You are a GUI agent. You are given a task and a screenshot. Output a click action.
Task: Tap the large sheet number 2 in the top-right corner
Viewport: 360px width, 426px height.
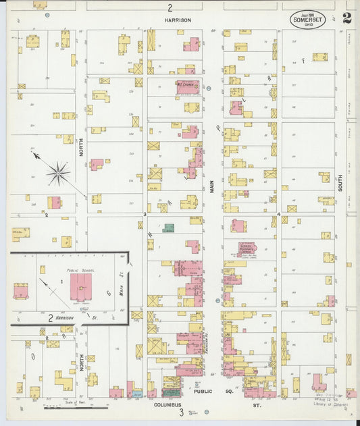346,18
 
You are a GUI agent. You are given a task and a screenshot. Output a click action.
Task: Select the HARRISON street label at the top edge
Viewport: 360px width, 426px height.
178,20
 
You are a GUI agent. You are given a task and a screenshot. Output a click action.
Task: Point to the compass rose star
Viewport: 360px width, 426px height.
59,173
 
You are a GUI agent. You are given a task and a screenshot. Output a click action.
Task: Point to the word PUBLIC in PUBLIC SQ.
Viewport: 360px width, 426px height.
203,391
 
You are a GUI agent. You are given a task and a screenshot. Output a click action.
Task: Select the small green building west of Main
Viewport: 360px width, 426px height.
169,228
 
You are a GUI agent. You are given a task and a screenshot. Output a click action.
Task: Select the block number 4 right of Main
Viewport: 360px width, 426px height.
278,214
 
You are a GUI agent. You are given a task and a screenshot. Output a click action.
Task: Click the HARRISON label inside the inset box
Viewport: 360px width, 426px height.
65,317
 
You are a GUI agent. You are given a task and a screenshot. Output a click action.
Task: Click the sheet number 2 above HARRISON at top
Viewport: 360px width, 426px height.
170,8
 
